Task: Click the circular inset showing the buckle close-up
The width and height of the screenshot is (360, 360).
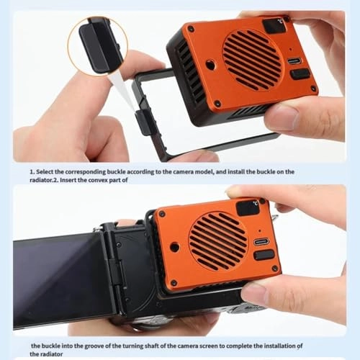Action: [x=96, y=45]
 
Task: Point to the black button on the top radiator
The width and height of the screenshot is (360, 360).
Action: [x=300, y=73]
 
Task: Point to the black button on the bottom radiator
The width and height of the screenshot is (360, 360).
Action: [x=264, y=255]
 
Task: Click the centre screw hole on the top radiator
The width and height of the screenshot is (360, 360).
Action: [x=209, y=65]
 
